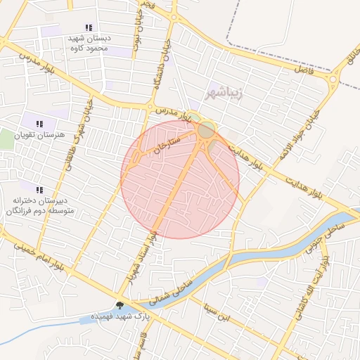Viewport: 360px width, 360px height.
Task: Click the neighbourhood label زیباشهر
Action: tap(224, 93)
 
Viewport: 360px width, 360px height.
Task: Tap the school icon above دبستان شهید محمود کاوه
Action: tap(89, 27)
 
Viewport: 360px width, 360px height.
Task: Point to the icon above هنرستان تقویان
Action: tap(39, 124)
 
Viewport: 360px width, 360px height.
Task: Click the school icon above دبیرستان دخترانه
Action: tap(39, 190)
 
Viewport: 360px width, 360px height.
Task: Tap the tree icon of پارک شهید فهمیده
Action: tap(120, 305)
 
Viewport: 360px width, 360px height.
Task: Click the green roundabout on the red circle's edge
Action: tap(206, 130)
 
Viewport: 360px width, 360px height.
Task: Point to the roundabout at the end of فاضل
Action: tap(332, 80)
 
